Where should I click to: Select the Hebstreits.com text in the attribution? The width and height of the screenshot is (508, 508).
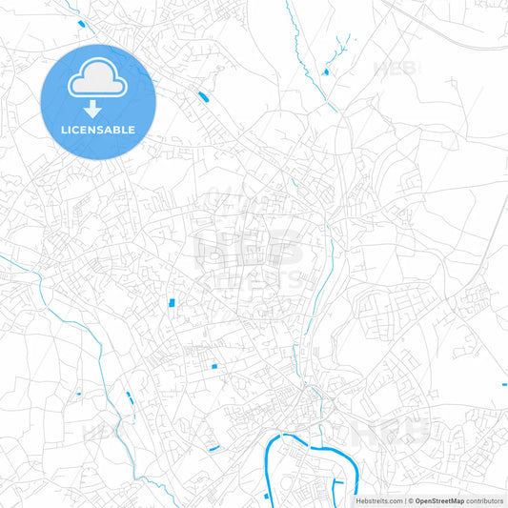pos(377,500)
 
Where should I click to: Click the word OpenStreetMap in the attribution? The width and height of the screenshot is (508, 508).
pos(438,500)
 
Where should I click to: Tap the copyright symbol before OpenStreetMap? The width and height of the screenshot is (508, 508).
pos(409,500)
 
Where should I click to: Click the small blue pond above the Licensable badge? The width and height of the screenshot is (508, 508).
pos(82,23)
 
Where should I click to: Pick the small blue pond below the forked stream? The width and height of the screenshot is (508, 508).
pos(326,71)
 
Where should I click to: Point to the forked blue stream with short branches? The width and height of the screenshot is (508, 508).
pos(341,45)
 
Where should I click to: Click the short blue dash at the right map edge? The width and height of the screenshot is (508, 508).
pos(504,385)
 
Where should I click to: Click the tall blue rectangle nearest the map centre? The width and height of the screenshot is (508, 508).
pos(172,303)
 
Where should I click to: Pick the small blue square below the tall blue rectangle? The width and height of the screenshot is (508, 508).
pos(214,367)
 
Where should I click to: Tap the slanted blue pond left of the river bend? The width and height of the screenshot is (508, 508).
pos(213,448)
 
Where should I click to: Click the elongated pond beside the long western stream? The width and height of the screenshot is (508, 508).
pos(129,397)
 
